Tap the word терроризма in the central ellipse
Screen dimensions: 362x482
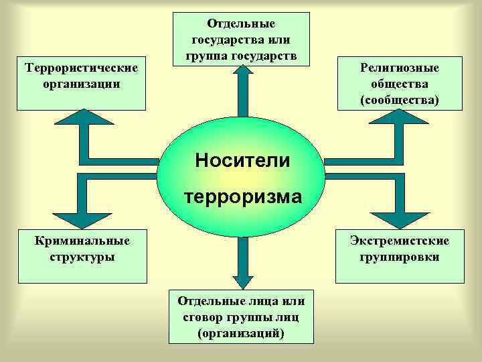point(242,197)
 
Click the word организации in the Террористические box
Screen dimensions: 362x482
point(81,84)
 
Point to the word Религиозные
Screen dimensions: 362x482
point(399,68)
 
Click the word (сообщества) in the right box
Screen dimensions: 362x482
point(399,100)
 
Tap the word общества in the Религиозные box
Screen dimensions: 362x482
point(399,84)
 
